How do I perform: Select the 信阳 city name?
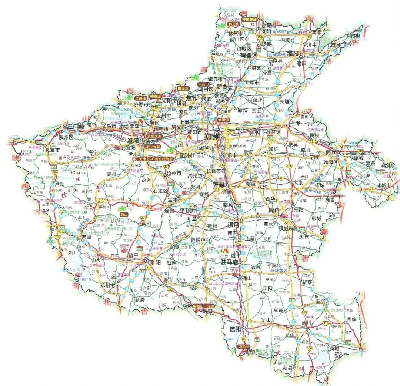pyautogui.click(x=235, y=329)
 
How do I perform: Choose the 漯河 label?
pyautogui.click(x=233, y=225)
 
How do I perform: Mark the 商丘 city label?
pyautogui.click(x=330, y=152)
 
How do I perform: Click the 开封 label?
pyautogui.click(x=255, y=132)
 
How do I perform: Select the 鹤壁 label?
pyautogui.click(x=246, y=55)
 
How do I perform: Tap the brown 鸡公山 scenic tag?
pyautogui.click(x=244, y=346)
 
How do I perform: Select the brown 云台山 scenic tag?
pyautogui.click(x=204, y=84)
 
